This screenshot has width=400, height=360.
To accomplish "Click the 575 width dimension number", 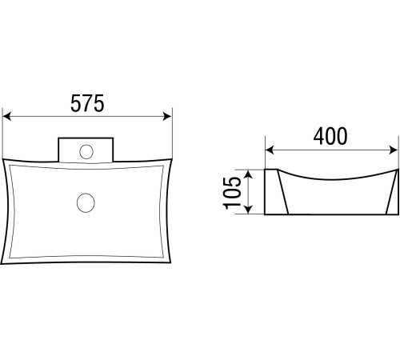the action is point(87,103).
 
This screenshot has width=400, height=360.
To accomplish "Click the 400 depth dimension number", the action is point(330,136).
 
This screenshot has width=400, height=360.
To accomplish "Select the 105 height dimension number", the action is point(232,193).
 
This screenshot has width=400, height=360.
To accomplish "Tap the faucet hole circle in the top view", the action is point(86,152).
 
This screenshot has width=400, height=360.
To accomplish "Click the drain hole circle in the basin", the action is point(86,202).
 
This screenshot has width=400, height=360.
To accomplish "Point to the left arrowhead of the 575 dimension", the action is point(6,117).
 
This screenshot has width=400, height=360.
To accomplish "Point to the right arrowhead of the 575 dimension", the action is point(167,117).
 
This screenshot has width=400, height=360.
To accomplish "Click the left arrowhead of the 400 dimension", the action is point(270,150).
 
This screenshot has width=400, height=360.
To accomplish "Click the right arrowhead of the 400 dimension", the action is point(394,150).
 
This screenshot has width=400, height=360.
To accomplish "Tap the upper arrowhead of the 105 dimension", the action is point(248,174).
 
